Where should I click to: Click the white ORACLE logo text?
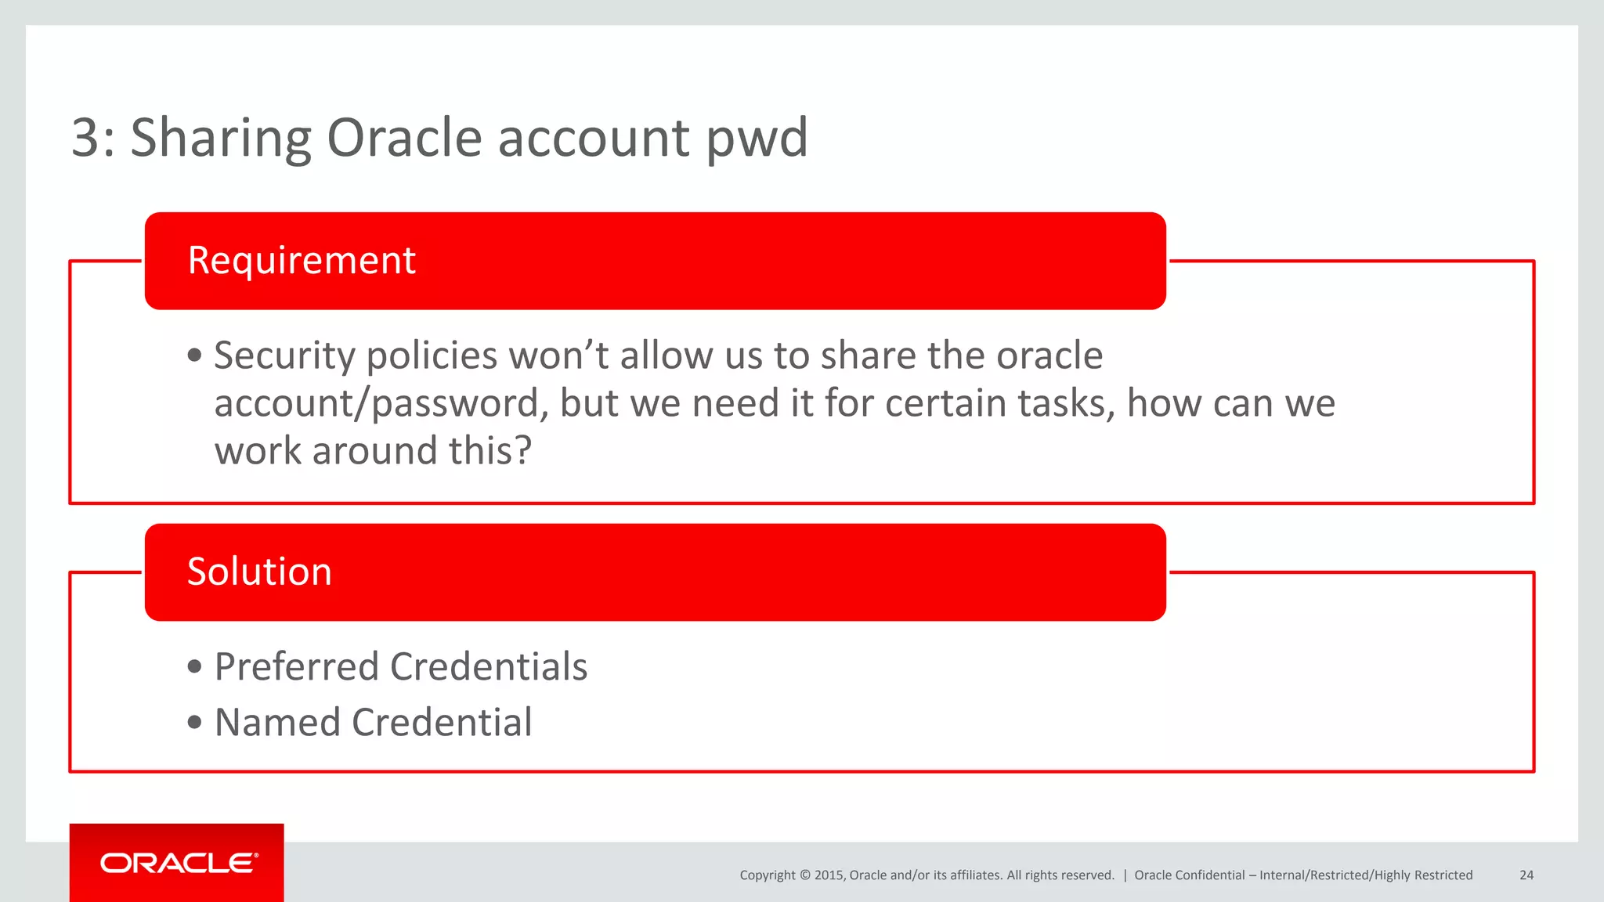[179, 863]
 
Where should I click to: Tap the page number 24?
[1526, 875]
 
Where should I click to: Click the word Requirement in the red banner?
[302, 261]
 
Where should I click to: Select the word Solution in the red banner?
[259, 572]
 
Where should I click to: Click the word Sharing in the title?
[220, 139]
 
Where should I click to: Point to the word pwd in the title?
[757, 139]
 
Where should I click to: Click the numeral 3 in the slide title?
[85, 139]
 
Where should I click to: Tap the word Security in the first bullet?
[284, 356]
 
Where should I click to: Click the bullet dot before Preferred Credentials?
[195, 668]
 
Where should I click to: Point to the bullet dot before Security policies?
[195, 356]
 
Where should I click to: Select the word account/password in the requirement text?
[377, 404]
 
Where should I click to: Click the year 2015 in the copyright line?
[828, 875]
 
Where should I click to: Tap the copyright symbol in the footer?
[804, 875]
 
